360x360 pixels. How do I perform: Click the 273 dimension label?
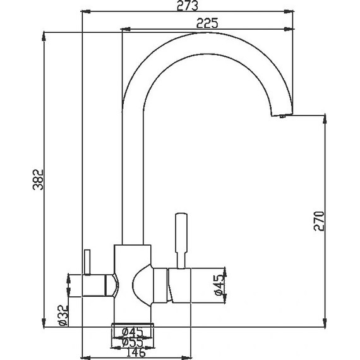(x=188, y=6)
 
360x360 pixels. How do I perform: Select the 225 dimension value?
(x=207, y=23)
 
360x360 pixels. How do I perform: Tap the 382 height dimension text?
(x=38, y=180)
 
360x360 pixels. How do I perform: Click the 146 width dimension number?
(x=136, y=352)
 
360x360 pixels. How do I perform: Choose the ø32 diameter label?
(x=63, y=315)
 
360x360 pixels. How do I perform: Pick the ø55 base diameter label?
(x=133, y=342)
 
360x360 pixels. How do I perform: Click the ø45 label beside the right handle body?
(x=219, y=285)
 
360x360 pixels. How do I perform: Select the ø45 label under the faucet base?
(x=133, y=332)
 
